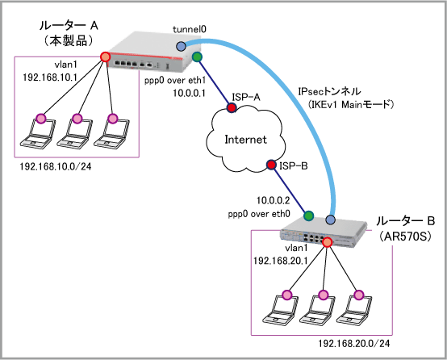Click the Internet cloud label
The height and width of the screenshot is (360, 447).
tap(246, 140)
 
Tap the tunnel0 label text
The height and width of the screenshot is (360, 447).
tap(190, 29)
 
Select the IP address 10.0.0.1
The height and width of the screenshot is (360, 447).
tap(190, 93)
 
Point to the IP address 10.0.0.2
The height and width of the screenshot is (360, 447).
tap(273, 200)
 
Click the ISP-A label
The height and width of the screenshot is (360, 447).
tap(246, 98)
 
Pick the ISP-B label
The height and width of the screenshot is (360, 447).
tap(294, 165)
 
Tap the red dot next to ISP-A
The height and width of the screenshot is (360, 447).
tap(232, 107)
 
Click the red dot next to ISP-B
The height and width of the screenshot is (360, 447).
tap(271, 165)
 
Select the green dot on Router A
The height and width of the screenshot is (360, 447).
tap(197, 57)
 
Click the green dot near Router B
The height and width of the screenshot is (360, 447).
tap(308, 216)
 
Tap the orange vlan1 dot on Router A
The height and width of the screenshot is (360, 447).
tap(105, 57)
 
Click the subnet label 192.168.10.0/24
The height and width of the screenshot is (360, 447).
tap(56, 166)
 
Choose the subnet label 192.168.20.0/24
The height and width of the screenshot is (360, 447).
tap(353, 344)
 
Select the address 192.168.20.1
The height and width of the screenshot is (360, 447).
tap(281, 261)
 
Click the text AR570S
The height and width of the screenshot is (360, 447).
tap(405, 237)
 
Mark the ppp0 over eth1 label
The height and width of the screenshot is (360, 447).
tap(175, 81)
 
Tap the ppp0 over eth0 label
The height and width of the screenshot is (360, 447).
tap(259, 214)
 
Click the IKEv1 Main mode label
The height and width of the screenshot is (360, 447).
tap(351, 105)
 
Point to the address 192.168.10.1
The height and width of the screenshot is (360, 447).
tap(50, 77)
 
